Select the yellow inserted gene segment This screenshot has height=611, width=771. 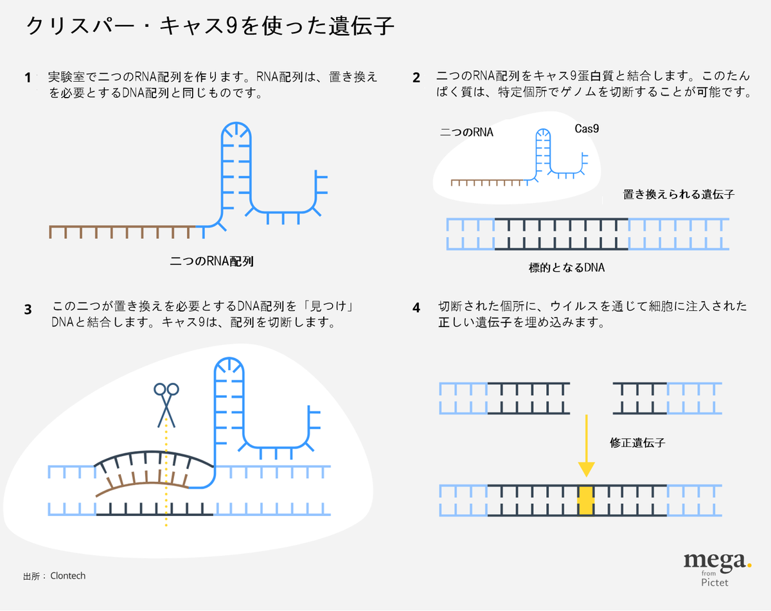[x=585, y=500]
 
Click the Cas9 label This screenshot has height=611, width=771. [x=587, y=129]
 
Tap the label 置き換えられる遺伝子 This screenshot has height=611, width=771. [x=678, y=194]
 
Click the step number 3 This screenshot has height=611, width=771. [x=28, y=309]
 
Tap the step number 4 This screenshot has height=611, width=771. [x=416, y=308]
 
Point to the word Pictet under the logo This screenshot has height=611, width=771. [x=715, y=582]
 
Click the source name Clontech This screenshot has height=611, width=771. [x=67, y=576]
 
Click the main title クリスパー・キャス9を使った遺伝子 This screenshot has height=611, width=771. [x=209, y=27]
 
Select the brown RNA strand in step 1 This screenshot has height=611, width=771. [x=122, y=227]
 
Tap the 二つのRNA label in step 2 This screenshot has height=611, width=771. [x=466, y=133]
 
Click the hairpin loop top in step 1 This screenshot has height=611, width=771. [x=236, y=128]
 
